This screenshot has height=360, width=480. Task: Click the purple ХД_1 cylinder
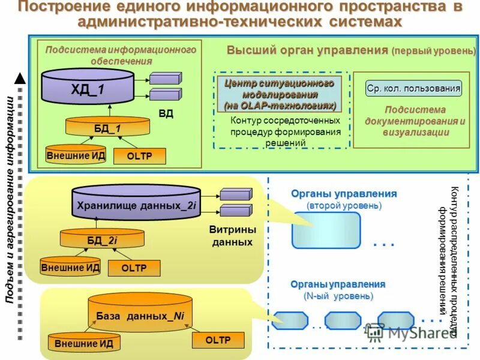[88, 88]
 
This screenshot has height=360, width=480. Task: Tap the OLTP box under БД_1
[139, 156]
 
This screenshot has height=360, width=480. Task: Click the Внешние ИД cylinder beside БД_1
[76, 155]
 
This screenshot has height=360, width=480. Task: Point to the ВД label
[166, 113]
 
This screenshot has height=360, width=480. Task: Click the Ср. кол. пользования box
[413, 89]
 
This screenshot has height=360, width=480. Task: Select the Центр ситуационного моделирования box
[279, 94]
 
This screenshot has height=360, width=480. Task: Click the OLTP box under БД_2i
[134, 268]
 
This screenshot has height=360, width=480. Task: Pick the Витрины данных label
[232, 236]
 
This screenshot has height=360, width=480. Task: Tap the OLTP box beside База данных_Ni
[218, 340]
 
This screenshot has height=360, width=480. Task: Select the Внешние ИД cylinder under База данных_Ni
[83, 343]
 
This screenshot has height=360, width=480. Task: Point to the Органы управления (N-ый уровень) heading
[338, 290]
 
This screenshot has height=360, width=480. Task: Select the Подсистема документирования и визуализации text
[415, 121]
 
